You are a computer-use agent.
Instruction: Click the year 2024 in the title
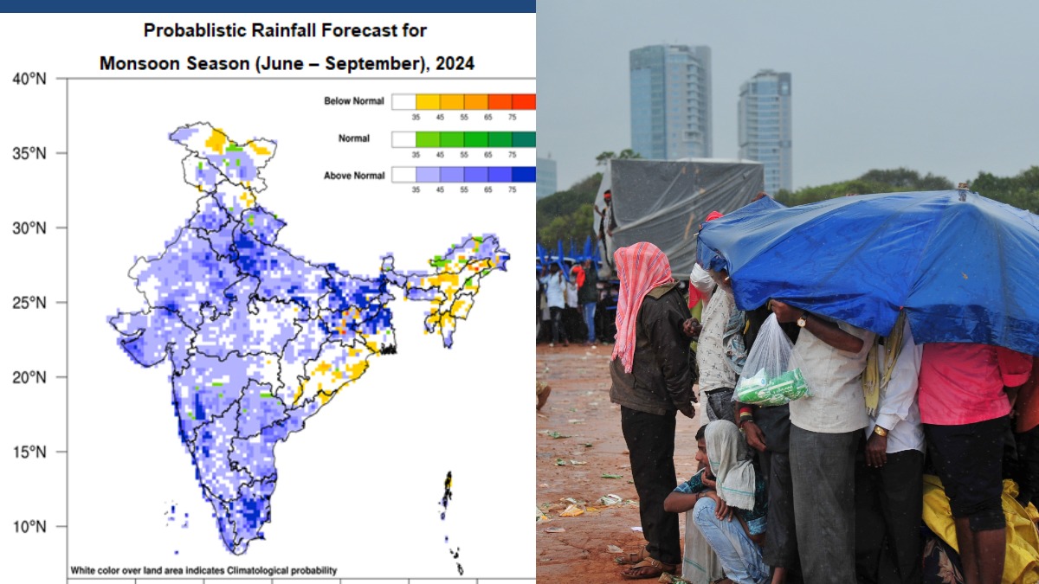pyautogui.click(x=455, y=63)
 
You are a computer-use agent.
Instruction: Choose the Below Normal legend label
pyautogui.click(x=353, y=101)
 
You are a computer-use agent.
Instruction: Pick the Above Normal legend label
pyautogui.click(x=353, y=176)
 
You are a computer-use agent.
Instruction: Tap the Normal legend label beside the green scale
pyautogui.click(x=354, y=138)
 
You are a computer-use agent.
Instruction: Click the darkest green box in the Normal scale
pyautogui.click(x=524, y=138)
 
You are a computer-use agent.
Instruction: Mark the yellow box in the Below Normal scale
pyautogui.click(x=428, y=101)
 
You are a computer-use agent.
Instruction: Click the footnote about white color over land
pyautogui.click(x=203, y=570)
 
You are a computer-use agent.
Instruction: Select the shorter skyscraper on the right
pyautogui.click(x=765, y=130)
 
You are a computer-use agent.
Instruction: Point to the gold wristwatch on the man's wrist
pyautogui.click(x=880, y=430)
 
